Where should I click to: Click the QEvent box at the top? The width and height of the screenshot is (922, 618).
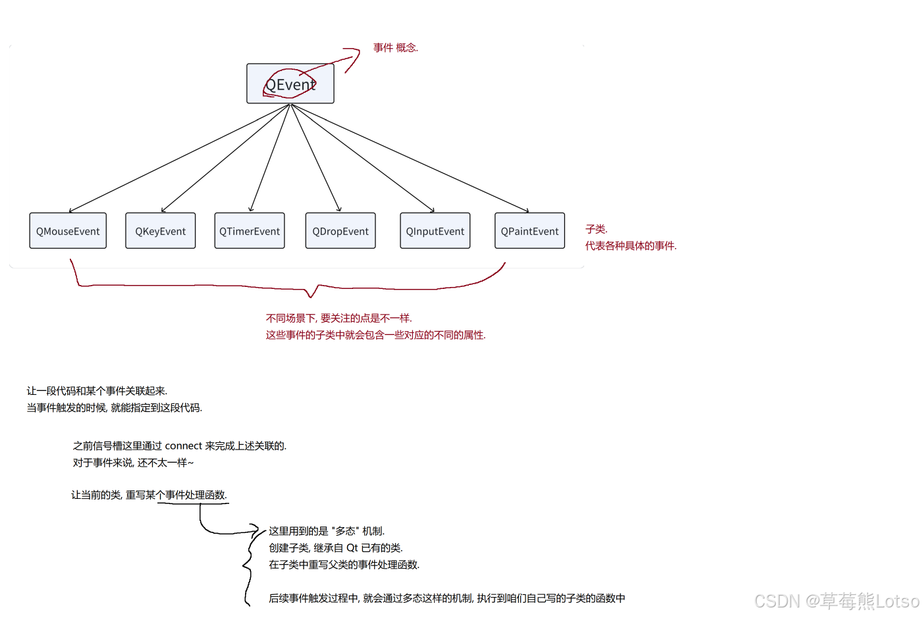point(290,84)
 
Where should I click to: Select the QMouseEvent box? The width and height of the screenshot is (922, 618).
point(68,231)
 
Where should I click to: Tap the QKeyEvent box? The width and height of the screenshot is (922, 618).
point(160,231)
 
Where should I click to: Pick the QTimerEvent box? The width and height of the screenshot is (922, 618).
point(250,231)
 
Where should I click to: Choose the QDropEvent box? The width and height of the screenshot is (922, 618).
point(340,231)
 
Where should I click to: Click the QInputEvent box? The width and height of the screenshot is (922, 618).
point(435,231)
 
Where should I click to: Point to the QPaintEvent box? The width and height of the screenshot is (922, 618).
point(529,231)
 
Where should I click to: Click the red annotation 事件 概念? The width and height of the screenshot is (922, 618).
point(395,47)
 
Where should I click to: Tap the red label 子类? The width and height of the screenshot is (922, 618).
point(596,229)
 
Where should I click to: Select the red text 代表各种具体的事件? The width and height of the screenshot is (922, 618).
point(630,245)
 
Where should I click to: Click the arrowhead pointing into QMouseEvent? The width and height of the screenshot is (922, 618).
point(70,211)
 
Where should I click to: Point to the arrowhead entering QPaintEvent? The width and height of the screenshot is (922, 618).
point(527,211)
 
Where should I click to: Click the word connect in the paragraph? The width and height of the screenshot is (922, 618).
point(184,446)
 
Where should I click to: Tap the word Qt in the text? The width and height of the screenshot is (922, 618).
point(352,548)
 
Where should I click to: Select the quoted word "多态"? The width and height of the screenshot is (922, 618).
point(345,531)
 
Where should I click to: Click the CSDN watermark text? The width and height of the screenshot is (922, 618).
point(836,601)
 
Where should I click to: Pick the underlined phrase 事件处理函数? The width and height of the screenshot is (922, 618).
point(196,495)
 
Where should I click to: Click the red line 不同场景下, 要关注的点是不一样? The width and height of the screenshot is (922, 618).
point(339,318)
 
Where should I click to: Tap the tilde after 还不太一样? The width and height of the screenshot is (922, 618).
point(190,463)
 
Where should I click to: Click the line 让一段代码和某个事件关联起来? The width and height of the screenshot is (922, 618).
point(97,391)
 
